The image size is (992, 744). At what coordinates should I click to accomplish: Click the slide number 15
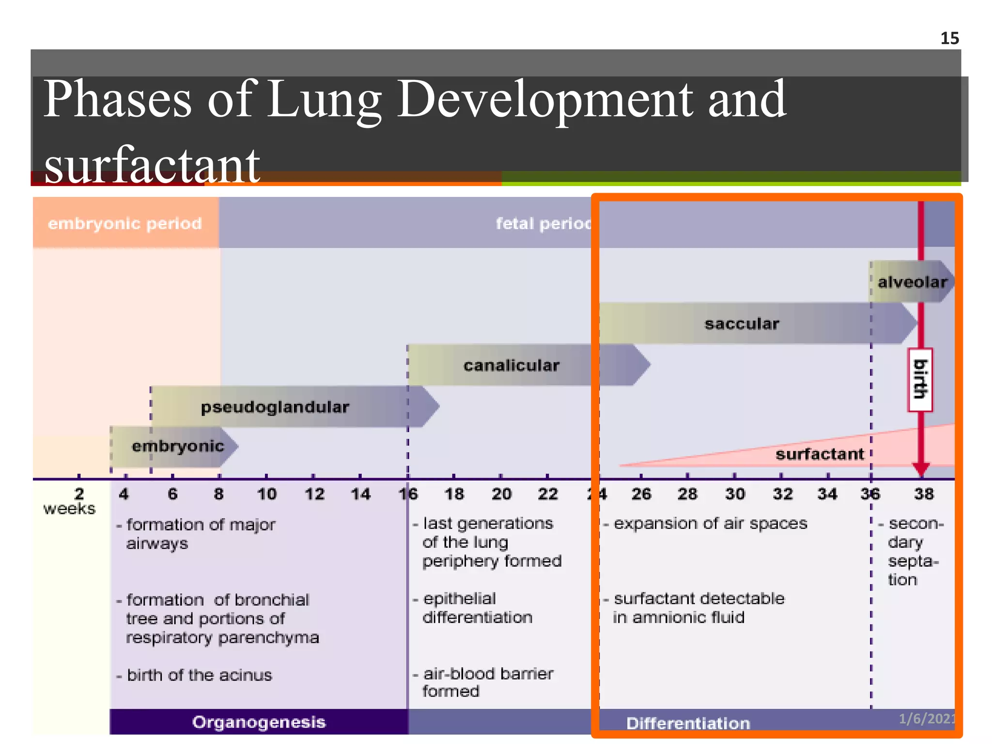(949, 38)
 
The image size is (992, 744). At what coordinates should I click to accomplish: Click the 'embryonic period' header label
(124, 223)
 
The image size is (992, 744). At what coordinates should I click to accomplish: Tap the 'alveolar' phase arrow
(912, 282)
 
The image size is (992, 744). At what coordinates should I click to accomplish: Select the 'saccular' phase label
(742, 324)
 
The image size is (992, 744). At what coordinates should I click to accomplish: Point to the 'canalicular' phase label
(511, 365)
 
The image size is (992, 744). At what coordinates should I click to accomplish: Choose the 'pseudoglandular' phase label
(275, 407)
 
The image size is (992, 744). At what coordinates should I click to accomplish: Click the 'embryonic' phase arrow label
(178, 446)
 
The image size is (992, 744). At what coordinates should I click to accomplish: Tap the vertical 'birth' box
(920, 379)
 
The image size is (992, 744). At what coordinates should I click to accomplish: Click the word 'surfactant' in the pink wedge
(820, 454)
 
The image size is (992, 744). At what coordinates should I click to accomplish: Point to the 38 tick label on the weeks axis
(924, 494)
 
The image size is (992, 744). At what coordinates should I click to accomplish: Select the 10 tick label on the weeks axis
(266, 494)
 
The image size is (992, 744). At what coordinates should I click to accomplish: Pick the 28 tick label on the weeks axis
(687, 494)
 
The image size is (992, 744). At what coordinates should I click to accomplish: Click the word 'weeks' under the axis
(69, 509)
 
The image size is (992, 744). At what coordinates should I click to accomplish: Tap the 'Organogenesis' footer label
(259, 722)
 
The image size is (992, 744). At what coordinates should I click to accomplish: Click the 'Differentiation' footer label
(688, 723)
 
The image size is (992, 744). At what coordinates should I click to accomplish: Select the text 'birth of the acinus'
(199, 675)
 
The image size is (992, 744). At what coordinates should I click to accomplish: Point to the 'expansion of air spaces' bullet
(710, 524)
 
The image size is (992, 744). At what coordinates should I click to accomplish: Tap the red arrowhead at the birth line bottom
(921, 469)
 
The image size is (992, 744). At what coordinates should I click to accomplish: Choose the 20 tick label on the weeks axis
(501, 494)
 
